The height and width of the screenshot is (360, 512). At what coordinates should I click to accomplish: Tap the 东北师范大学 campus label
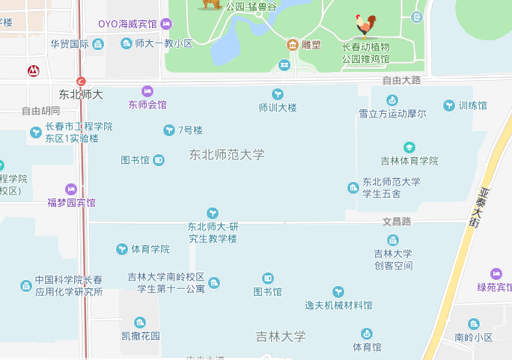tap(227, 155)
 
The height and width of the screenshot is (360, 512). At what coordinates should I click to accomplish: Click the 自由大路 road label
tap(401, 80)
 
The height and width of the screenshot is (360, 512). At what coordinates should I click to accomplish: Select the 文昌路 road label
tap(397, 222)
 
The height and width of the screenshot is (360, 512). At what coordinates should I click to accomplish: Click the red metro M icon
tap(33, 71)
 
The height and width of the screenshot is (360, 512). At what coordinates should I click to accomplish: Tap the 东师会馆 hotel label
tap(147, 104)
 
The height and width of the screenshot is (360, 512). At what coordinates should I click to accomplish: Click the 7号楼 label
tap(190, 130)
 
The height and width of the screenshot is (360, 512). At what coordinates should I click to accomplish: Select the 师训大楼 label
tap(278, 107)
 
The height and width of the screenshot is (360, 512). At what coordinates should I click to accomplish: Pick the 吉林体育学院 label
tap(409, 161)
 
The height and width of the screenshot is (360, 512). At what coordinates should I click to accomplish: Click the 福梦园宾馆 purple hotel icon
tap(71, 189)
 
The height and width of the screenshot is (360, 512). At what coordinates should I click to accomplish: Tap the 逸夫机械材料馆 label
tap(338, 305)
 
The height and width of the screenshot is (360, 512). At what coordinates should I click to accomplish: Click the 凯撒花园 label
tap(141, 336)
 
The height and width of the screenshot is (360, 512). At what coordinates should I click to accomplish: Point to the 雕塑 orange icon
tap(291, 44)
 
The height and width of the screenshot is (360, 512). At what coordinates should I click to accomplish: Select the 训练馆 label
tap(472, 106)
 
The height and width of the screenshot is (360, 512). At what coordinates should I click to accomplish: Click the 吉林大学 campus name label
tap(281, 337)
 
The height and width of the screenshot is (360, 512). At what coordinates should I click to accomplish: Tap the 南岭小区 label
tap(474, 338)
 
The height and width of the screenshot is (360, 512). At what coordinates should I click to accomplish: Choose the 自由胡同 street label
tap(40, 112)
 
